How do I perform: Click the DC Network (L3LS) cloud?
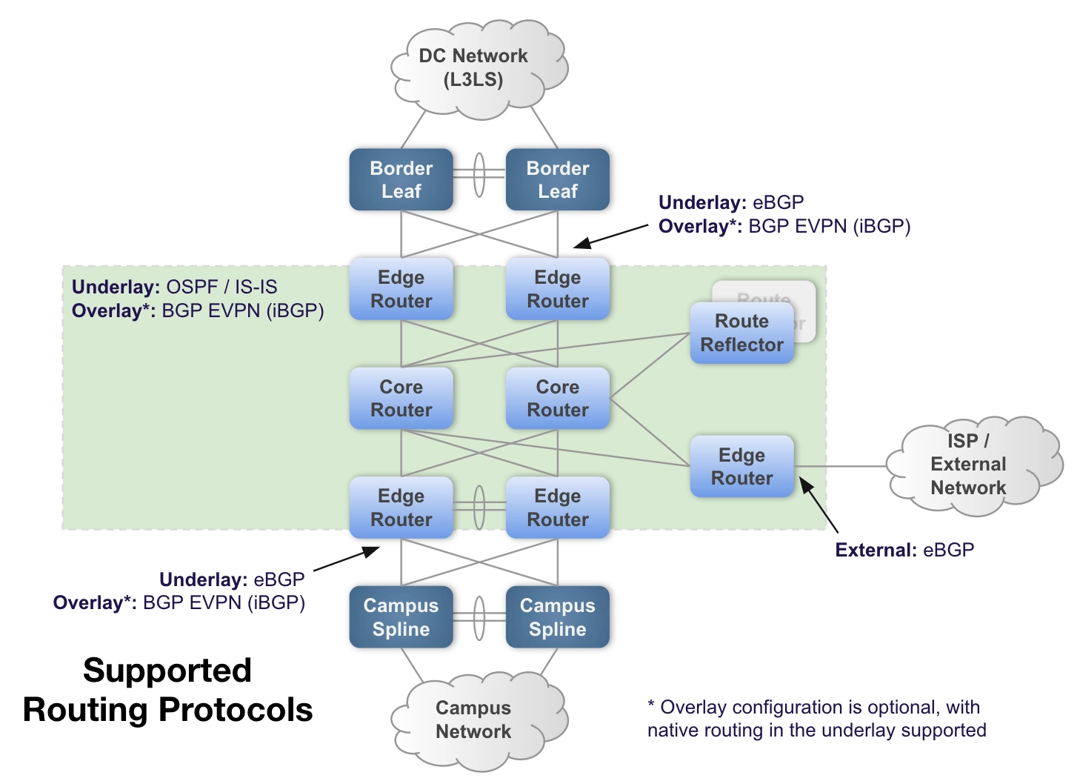pyautogui.click(x=479, y=69)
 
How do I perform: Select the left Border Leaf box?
pyautogui.click(x=401, y=179)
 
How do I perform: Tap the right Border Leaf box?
pyautogui.click(x=558, y=179)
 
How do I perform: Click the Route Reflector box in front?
pyautogui.click(x=742, y=333)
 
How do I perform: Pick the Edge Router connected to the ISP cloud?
pyautogui.click(x=742, y=467)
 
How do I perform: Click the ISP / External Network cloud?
pyautogui.click(x=974, y=466)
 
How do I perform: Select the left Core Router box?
pyautogui.click(x=401, y=399)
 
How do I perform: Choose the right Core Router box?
pyautogui.click(x=558, y=399)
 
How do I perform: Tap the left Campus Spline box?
pyautogui.click(x=401, y=617)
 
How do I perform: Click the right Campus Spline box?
pyautogui.click(x=558, y=617)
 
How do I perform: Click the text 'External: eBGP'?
pyautogui.click(x=904, y=550)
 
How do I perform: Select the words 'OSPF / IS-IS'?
pyautogui.click(x=221, y=287)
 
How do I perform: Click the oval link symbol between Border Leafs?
pyautogui.click(x=479, y=175)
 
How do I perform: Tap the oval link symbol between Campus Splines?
pyautogui.click(x=479, y=618)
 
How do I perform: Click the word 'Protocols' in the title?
pyautogui.click(x=236, y=710)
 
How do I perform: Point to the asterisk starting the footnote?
pyautogui.click(x=651, y=703)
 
